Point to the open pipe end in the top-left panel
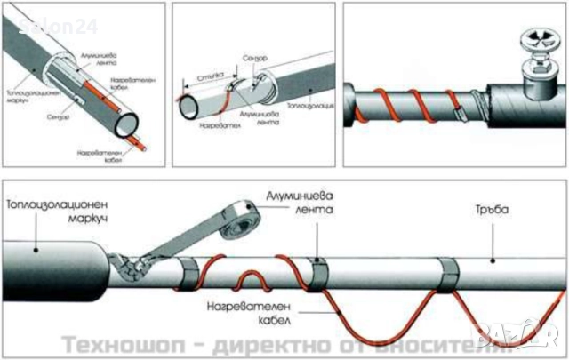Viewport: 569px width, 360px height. click(129, 118)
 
